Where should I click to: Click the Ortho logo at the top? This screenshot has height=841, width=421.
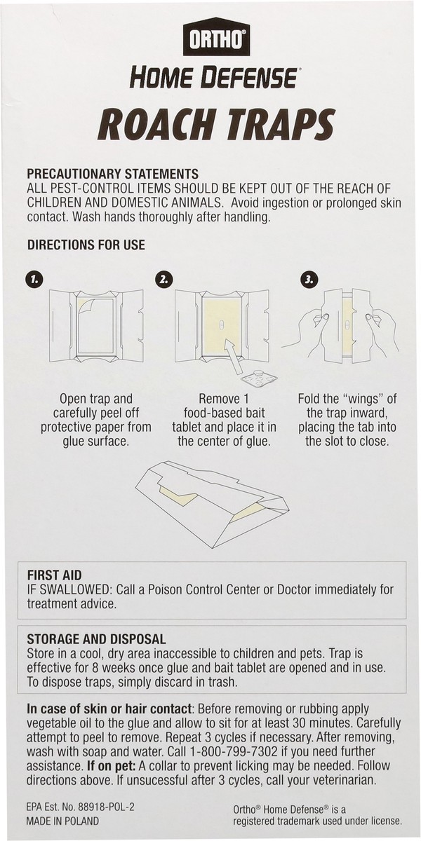(x=216, y=39)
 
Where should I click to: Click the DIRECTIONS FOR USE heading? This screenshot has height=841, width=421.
(x=86, y=245)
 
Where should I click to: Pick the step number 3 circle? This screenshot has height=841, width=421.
(x=308, y=279)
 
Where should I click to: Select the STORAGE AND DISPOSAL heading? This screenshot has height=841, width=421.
(x=96, y=639)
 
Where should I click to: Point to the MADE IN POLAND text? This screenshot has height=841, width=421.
(x=63, y=821)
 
